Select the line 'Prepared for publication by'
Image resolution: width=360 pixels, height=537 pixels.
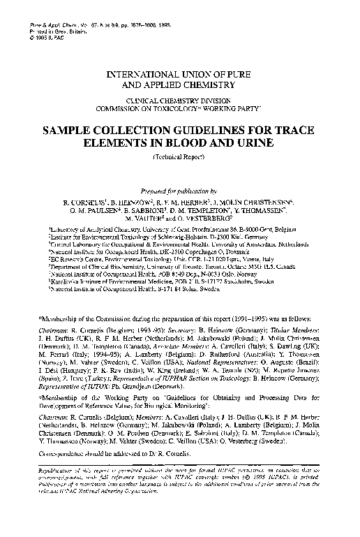(180, 191)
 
